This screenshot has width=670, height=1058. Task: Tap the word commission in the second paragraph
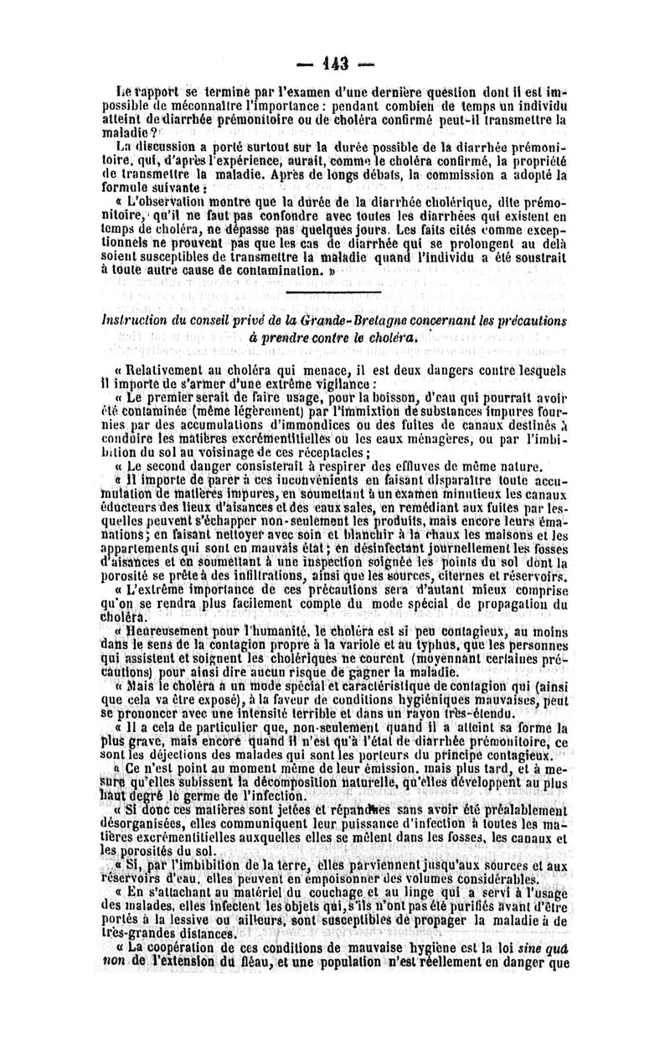click(x=470, y=176)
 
